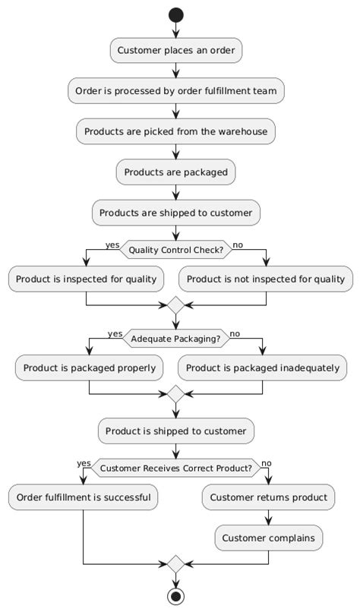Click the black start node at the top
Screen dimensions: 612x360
(176, 14)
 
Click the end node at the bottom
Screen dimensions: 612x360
(176, 596)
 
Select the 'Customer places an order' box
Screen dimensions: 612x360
(176, 52)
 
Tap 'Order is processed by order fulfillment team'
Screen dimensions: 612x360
(176, 91)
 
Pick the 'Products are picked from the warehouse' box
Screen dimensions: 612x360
(176, 131)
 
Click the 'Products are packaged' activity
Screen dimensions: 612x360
(176, 172)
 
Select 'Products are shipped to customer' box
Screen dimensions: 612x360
(176, 213)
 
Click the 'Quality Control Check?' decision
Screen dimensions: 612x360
(176, 249)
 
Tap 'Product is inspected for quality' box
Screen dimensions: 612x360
(86, 279)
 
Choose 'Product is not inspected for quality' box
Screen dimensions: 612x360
(266, 279)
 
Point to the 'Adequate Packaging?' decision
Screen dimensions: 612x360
(176, 339)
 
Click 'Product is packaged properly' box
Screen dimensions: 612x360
(90, 368)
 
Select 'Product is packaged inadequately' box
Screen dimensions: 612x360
(263, 368)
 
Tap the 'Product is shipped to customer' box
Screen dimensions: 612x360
(176, 431)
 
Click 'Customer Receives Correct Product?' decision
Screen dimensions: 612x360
(176, 468)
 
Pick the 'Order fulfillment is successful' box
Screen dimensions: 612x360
(83, 498)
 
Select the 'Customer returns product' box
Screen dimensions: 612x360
(268, 498)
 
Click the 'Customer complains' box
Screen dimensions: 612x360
(268, 538)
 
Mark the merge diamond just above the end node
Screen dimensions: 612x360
(176, 565)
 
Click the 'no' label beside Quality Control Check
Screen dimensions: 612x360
(238, 245)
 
